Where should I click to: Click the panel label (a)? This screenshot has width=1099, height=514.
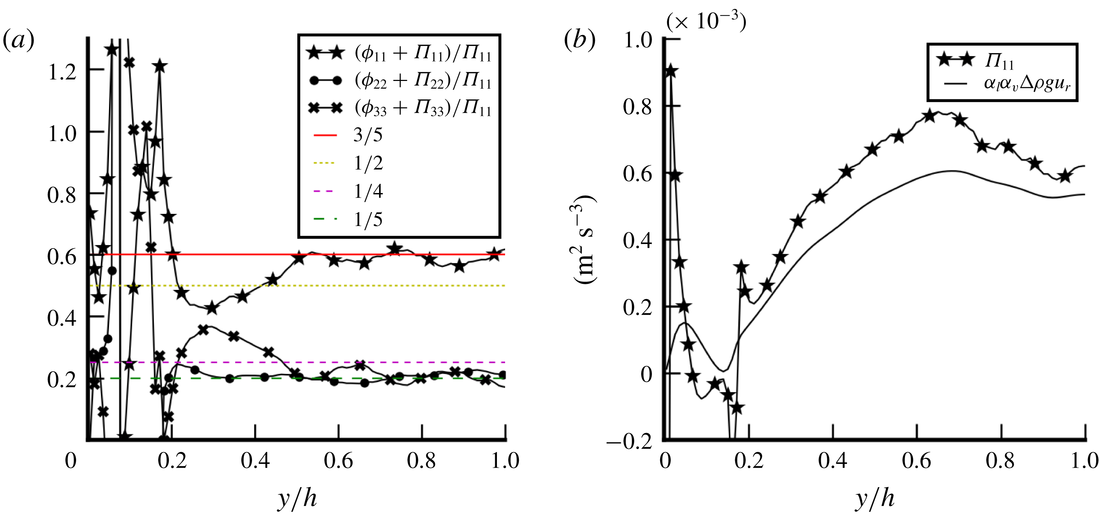click(18, 41)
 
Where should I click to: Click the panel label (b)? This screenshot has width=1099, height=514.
click(579, 41)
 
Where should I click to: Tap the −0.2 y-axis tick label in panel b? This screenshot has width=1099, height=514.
click(629, 442)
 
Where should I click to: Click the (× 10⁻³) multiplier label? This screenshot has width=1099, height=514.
click(706, 21)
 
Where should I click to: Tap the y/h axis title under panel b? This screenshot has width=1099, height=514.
click(875, 498)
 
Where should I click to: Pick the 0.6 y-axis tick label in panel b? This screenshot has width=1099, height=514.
click(637, 174)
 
